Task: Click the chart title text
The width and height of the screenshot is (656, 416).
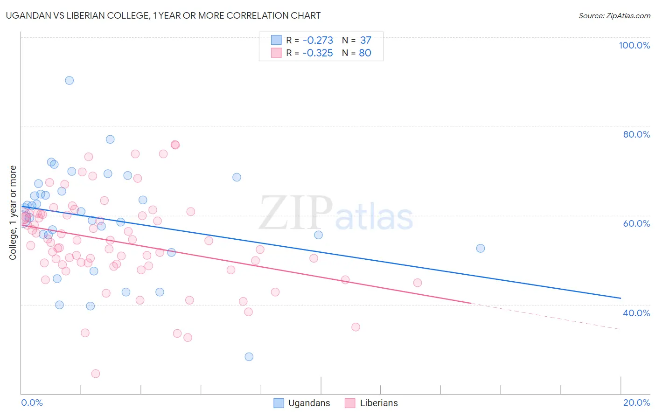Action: tap(163, 15)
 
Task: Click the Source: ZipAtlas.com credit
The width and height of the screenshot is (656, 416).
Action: tap(614, 16)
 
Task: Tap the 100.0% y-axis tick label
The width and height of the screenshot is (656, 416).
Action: tap(634, 45)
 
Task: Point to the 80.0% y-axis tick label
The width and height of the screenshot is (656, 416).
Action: tap(636, 134)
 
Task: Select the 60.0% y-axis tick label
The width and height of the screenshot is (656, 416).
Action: tap(636, 223)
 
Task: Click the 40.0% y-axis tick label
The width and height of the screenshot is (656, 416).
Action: tap(636, 313)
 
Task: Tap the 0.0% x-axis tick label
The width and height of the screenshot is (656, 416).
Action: tap(32, 402)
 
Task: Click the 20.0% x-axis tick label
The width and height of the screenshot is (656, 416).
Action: tap(636, 402)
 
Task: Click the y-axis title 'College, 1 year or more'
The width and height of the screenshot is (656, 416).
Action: tap(13, 213)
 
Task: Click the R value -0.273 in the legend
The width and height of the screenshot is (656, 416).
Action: tap(318, 41)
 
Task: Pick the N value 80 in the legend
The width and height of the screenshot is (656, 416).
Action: tap(365, 53)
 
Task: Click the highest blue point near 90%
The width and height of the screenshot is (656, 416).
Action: tap(69, 80)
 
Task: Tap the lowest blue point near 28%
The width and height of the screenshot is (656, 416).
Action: tap(249, 357)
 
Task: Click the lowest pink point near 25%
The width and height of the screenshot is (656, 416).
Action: tap(96, 374)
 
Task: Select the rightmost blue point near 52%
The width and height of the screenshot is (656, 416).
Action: tap(481, 248)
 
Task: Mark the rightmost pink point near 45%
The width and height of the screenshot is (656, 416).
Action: tap(418, 283)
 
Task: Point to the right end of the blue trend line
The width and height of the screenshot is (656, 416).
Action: tap(621, 298)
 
